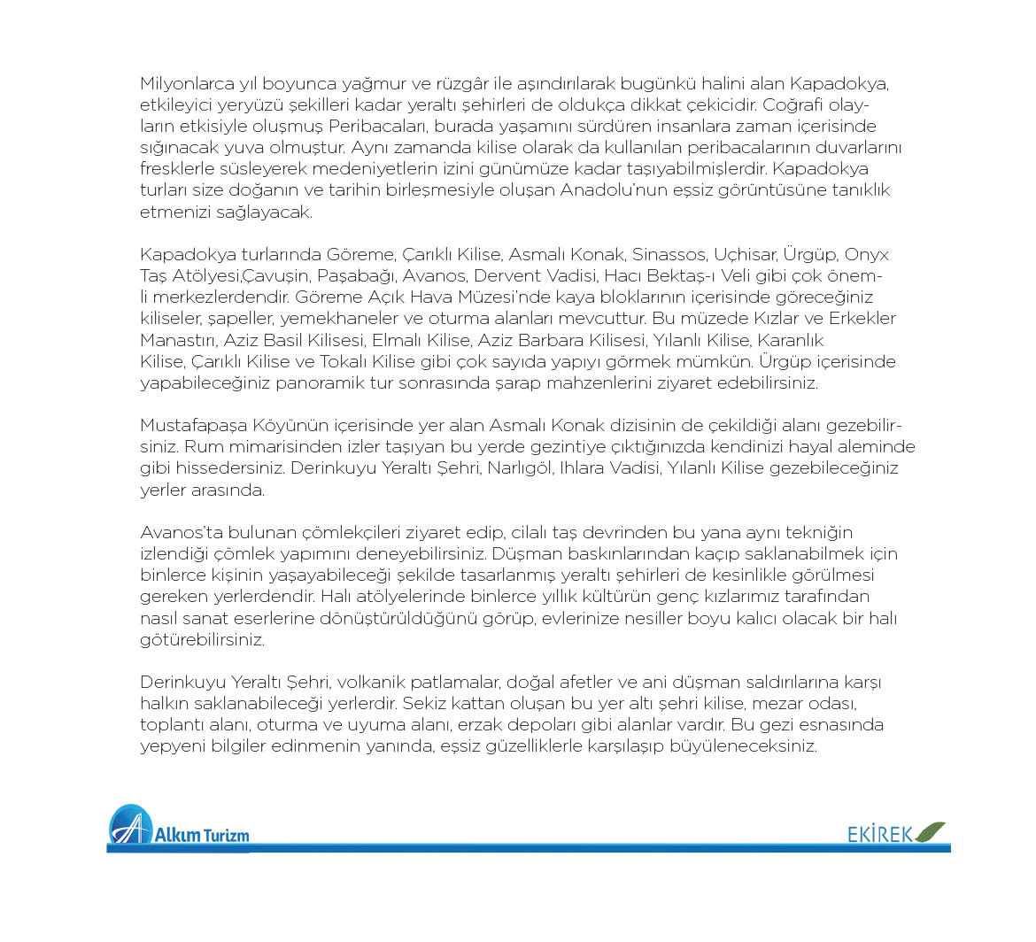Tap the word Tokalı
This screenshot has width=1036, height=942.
(416, 361)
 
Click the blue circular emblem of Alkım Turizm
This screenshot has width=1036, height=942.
(129, 826)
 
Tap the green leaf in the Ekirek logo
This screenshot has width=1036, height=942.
(930, 832)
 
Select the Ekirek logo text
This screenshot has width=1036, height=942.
(880, 834)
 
